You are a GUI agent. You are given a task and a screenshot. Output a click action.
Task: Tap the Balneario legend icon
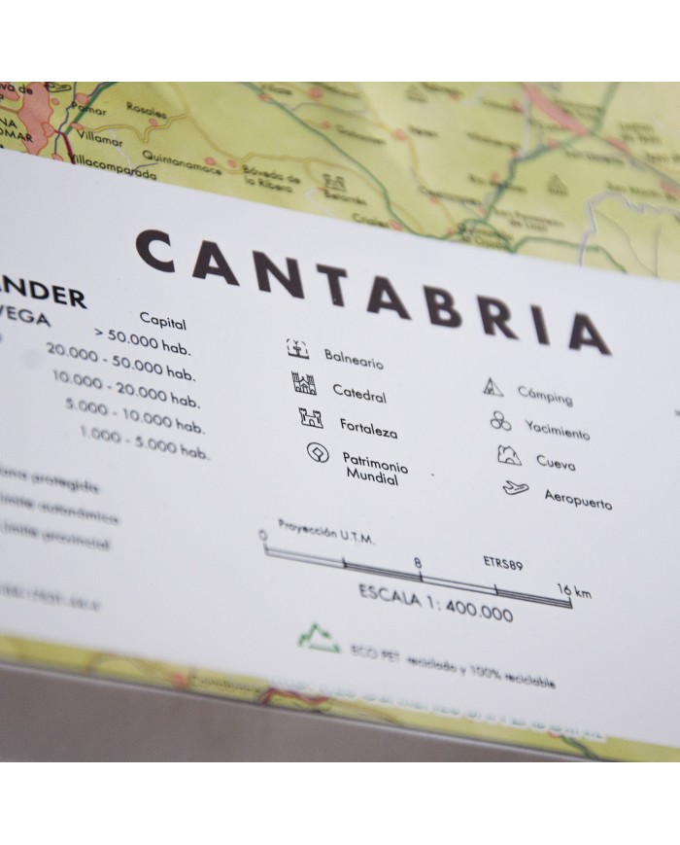pyautogui.click(x=296, y=347)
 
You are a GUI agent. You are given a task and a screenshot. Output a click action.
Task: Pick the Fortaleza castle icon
pyautogui.click(x=311, y=419)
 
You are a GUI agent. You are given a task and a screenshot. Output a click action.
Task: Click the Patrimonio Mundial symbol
pyautogui.click(x=318, y=454)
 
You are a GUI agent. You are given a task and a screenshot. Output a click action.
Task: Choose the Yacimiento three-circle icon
pyautogui.click(x=499, y=421)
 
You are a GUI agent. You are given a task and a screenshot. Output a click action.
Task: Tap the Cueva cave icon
pyautogui.click(x=508, y=455)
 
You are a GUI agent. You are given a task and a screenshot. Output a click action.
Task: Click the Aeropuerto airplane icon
pyautogui.click(x=516, y=489)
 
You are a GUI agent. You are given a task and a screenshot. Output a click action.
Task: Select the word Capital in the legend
pyautogui.click(x=162, y=321)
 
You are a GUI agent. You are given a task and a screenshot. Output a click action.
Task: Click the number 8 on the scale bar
pyautogui.click(x=417, y=562)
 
